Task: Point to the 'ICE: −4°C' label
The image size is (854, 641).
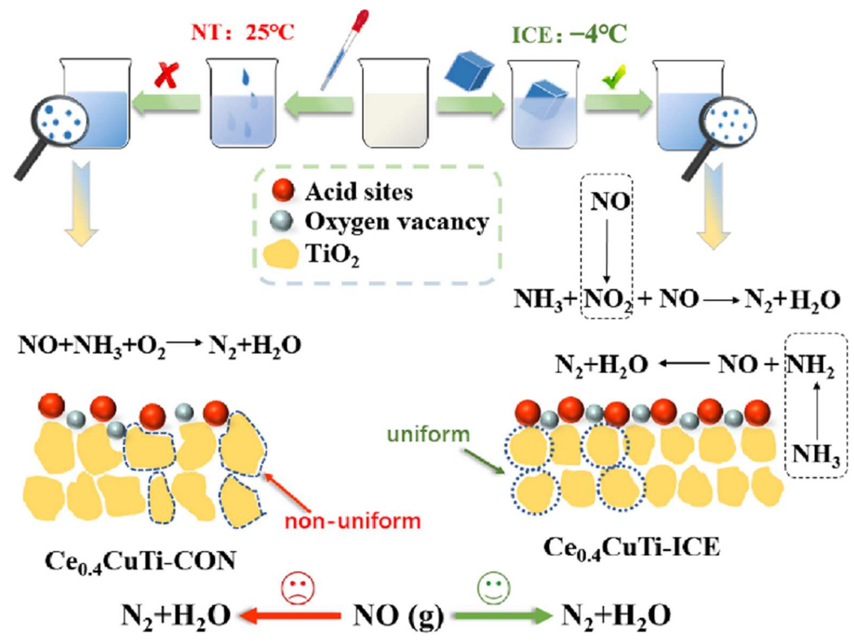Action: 569,35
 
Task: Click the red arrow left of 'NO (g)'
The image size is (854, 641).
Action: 290,615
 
